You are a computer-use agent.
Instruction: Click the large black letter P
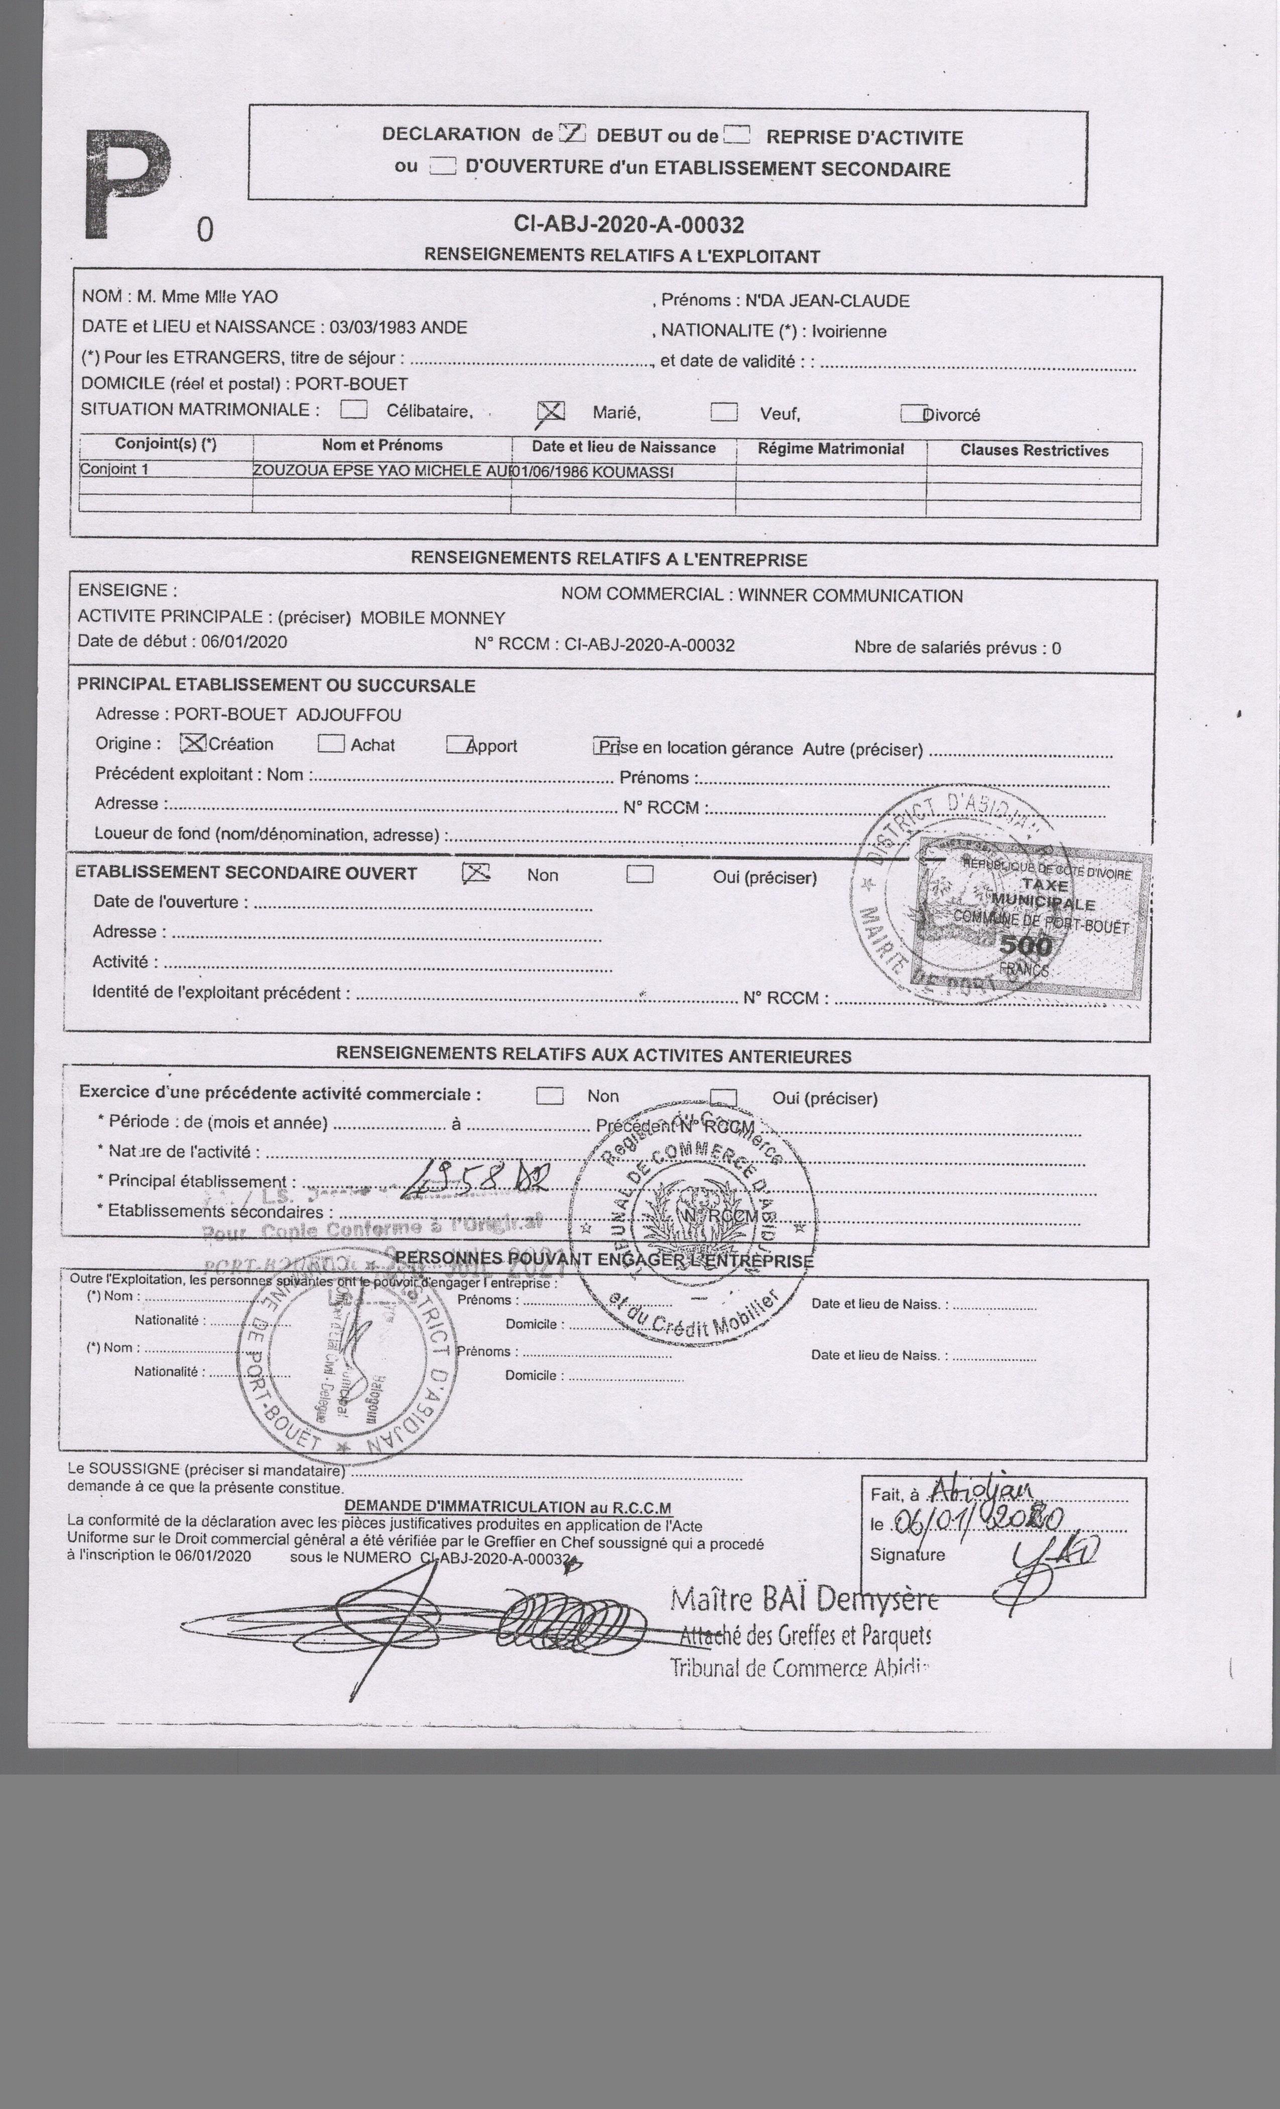[129, 187]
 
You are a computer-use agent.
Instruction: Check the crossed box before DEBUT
[572, 134]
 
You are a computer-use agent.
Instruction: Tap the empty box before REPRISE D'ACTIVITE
[737, 135]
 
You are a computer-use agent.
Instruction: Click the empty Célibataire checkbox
[353, 409]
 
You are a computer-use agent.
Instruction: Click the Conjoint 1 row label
[114, 469]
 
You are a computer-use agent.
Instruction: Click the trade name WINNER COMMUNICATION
[850, 596]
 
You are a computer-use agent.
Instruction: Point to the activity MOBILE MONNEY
[432, 618]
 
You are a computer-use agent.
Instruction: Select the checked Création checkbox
[194, 743]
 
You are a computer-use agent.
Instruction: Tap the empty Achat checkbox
[331, 744]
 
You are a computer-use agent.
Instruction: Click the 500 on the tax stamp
[1025, 946]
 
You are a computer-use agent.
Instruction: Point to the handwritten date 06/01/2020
[977, 1521]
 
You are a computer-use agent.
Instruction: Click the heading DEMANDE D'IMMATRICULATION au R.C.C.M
[507, 1507]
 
